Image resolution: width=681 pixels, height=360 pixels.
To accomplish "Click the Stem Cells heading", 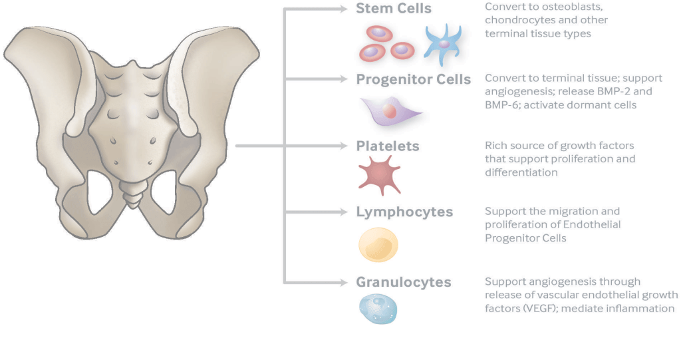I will coord(394,9).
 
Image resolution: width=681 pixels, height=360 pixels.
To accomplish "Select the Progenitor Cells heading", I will coord(413,80).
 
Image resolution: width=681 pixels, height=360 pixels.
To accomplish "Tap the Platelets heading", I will coord(388,146).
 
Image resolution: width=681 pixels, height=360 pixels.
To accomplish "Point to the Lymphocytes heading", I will coord(404,212).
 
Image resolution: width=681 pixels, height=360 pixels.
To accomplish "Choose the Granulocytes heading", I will coord(404,282).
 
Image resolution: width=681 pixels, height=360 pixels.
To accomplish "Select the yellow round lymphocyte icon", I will coord(378,244).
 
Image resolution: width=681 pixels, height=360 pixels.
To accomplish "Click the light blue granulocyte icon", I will coord(378,309).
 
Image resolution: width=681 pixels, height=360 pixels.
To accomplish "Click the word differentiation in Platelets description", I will coord(521,172).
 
